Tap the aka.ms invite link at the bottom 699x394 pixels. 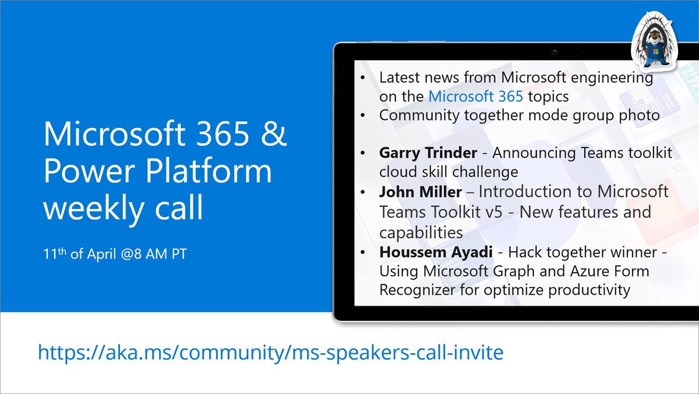(270, 352)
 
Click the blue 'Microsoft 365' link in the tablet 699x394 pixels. (475, 96)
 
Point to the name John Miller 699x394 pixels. (421, 192)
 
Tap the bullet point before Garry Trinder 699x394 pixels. (364, 153)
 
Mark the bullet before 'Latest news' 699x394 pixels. (364, 78)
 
